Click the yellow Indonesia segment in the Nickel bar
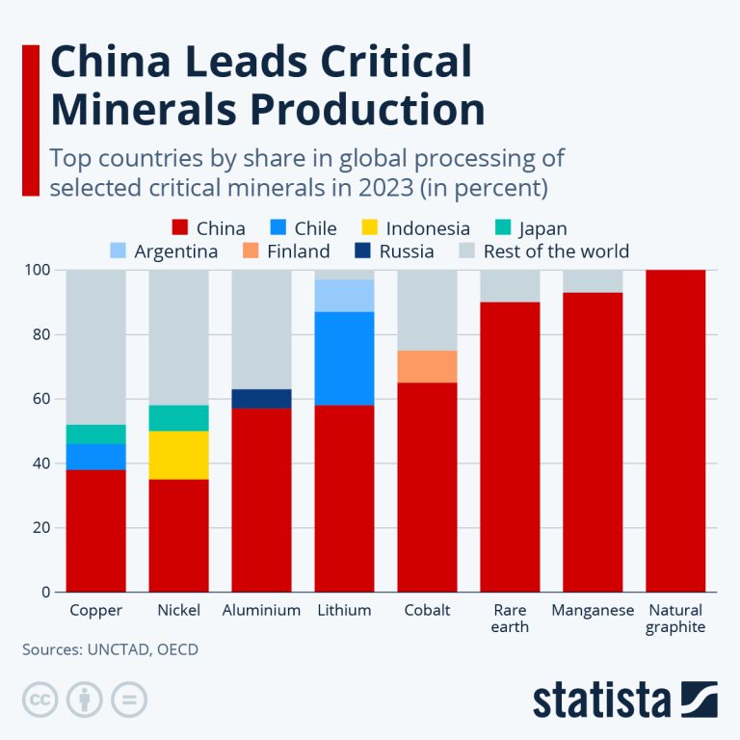(178, 455)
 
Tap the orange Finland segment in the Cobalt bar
(427, 366)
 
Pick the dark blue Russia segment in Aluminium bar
(261, 398)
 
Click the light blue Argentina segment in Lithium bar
(344, 295)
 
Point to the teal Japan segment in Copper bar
(95, 434)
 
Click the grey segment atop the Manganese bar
(593, 280)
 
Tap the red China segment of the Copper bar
(95, 530)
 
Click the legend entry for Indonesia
(415, 228)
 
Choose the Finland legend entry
(286, 251)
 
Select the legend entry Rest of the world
(543, 251)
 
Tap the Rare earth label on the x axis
(510, 618)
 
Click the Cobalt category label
(427, 610)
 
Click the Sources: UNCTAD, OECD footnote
(110, 649)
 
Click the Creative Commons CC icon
(40, 700)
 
